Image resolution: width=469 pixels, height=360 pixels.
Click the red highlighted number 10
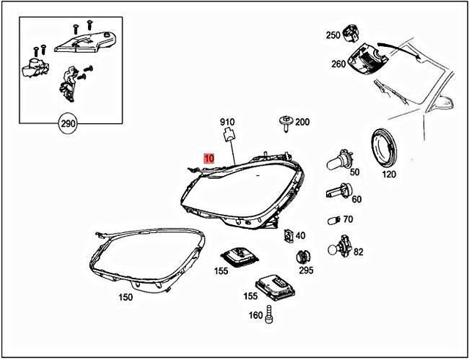(209, 158)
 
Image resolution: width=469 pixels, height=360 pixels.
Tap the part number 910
(227, 121)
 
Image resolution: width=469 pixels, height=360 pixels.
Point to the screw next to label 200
(284, 123)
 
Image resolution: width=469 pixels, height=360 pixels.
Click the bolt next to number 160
(271, 315)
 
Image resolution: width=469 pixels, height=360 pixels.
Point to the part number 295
(306, 271)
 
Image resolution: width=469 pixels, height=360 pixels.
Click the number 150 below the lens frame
(126, 298)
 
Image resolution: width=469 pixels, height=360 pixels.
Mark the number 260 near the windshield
(338, 64)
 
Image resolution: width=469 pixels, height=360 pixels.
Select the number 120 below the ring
(388, 175)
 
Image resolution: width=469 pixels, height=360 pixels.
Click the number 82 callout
(358, 251)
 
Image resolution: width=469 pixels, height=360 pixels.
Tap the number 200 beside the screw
(302, 122)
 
